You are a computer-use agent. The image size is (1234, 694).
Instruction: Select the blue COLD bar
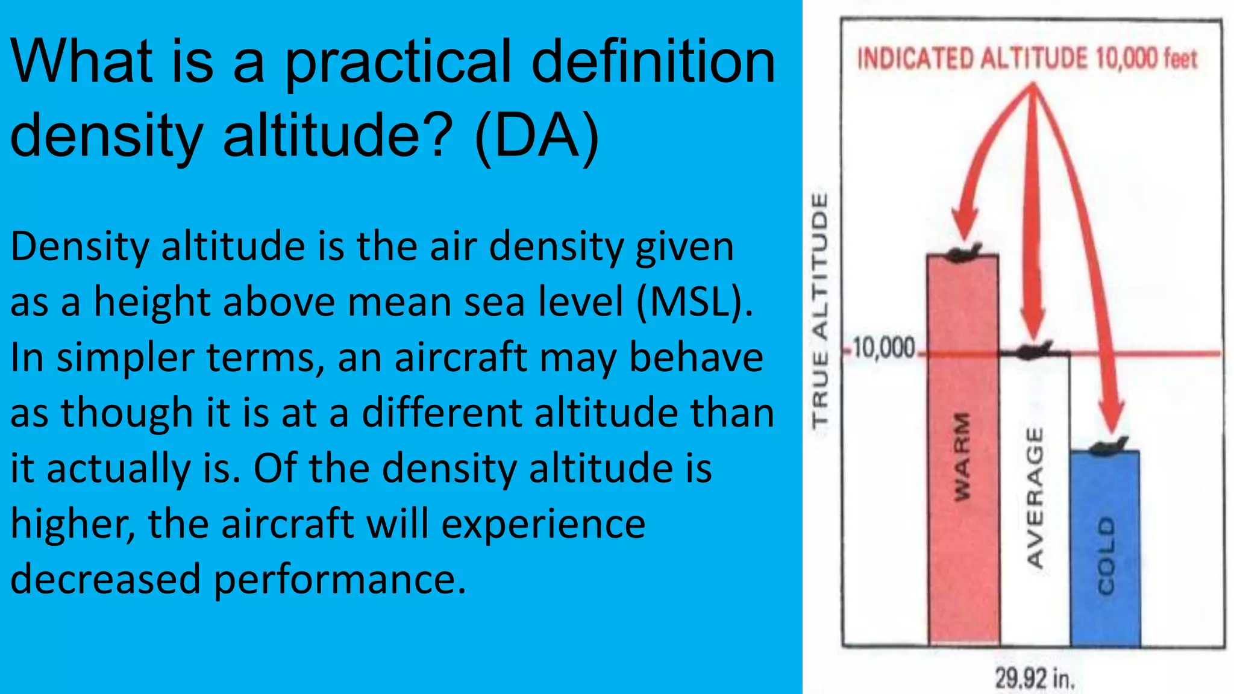(1105, 548)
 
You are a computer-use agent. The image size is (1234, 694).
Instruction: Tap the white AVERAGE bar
(1035, 500)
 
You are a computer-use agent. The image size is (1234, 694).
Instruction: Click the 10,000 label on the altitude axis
(884, 348)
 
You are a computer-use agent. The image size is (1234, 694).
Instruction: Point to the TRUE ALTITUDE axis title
(820, 310)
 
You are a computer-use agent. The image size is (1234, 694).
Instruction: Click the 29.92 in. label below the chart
(1035, 678)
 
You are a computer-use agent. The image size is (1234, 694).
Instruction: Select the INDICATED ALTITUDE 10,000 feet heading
(1027, 59)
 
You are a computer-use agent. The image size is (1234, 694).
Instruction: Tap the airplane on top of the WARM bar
(963, 253)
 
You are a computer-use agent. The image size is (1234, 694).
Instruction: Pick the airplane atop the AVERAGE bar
(1035, 350)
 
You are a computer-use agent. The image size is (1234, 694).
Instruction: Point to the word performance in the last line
(340, 579)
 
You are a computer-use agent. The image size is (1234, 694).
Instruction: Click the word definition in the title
(653, 61)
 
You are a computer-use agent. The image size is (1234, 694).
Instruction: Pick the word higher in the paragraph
(72, 524)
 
